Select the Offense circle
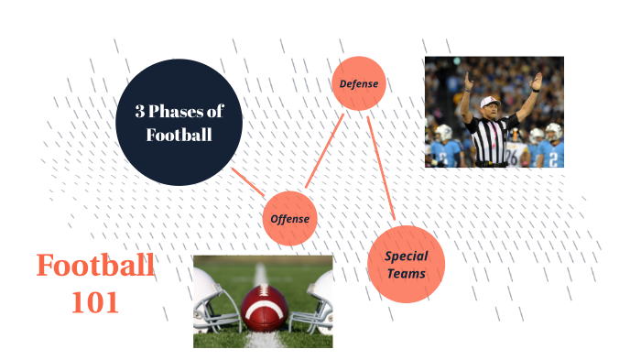click(289, 219)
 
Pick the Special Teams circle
click(406, 264)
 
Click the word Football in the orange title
click(95, 267)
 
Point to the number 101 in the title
click(95, 302)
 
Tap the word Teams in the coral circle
click(406, 273)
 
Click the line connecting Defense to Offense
click(324, 151)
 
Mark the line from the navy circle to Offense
click(248, 182)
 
